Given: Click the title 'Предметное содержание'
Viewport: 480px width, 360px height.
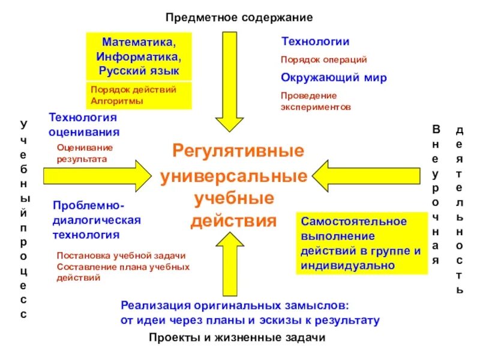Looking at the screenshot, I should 239,17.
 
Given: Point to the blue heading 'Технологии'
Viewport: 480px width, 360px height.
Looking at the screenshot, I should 315,41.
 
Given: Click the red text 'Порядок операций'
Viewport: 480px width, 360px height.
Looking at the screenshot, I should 323,60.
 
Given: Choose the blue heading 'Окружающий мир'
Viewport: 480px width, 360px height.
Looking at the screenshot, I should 334,78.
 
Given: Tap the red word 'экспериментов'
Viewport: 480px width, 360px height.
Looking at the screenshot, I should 315,106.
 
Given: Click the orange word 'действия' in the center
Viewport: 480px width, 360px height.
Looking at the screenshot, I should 234,220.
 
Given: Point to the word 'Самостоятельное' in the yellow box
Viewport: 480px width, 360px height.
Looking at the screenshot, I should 353,221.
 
